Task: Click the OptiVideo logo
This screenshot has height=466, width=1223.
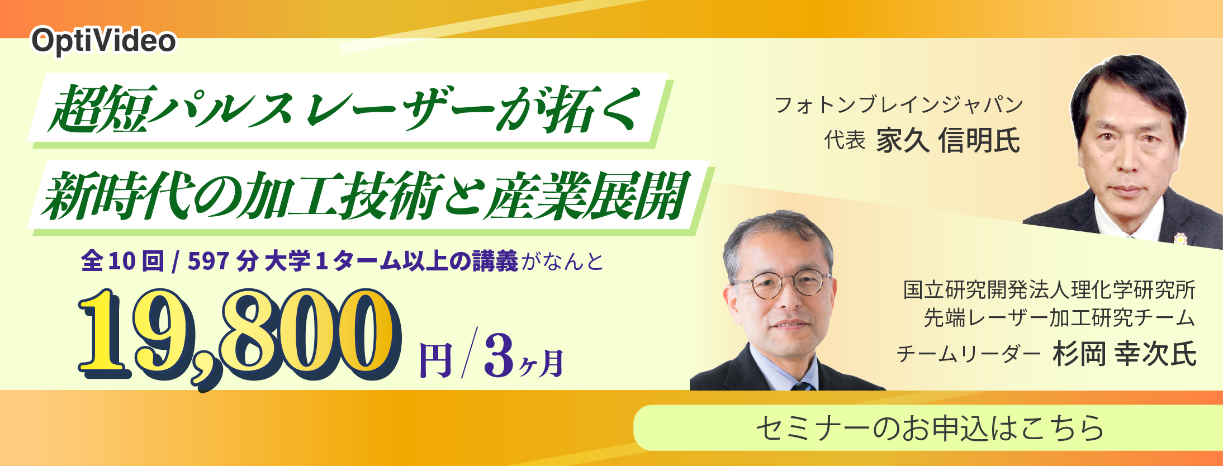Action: pyautogui.click(x=103, y=41)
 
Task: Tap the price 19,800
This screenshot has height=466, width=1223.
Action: pyautogui.click(x=240, y=335)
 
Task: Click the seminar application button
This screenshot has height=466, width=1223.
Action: pyautogui.click(x=928, y=428)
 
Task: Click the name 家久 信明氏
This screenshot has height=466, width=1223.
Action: pyautogui.click(x=948, y=140)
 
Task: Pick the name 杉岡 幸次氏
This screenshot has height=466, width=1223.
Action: pyautogui.click(x=1124, y=354)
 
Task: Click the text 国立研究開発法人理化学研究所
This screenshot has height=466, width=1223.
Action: pyautogui.click(x=1049, y=290)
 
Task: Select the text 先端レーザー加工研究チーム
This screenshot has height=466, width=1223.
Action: pyautogui.click(x=1059, y=318)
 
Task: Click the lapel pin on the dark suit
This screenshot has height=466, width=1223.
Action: pyautogui.click(x=1179, y=239)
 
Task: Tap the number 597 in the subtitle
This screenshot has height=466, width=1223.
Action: pyautogui.click(x=208, y=261)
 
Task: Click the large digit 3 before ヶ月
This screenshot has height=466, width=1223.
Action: pyautogui.click(x=499, y=355)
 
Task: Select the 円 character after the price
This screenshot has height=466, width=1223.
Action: pyautogui.click(x=435, y=360)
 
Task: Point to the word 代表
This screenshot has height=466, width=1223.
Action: pyautogui.click(x=845, y=140)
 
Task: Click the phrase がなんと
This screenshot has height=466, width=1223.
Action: pyautogui.click(x=562, y=261)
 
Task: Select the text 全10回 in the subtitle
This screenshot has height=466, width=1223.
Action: pyautogui.click(x=122, y=261)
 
